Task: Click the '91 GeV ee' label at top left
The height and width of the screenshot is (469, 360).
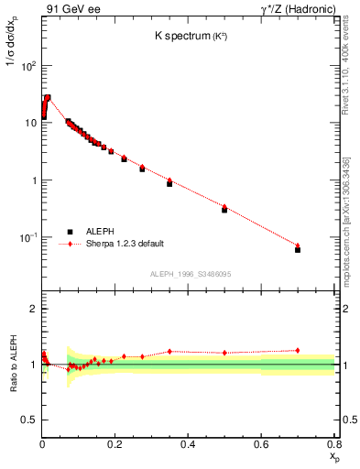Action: pos(72,10)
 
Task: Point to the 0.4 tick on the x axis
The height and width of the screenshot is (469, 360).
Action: pos(189,443)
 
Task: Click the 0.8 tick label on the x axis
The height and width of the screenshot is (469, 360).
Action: pos(333,443)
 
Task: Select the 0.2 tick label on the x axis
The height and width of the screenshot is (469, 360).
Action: pos(115,443)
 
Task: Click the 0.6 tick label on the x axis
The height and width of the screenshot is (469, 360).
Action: pos(261,443)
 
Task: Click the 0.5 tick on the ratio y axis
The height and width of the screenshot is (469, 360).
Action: pos(30,420)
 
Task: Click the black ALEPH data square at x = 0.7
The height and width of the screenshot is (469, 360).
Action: pos(298,249)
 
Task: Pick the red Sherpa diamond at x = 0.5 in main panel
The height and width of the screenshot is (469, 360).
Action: pos(224,207)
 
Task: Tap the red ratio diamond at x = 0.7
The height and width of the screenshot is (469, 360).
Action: pos(298,350)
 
